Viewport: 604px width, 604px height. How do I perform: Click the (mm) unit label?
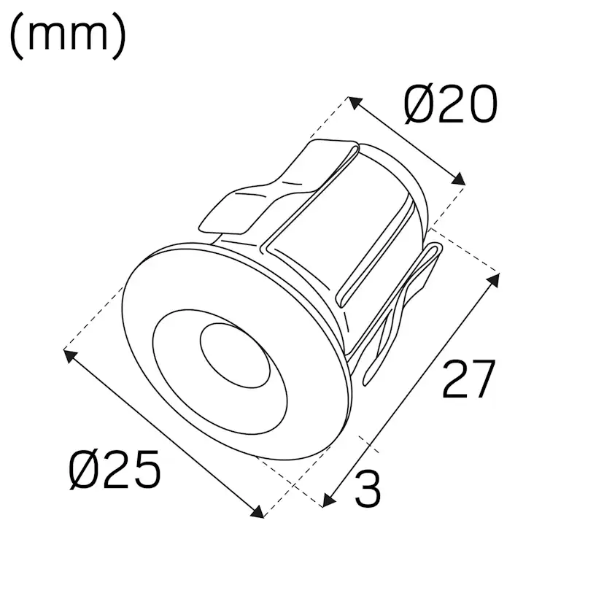pos(68,37)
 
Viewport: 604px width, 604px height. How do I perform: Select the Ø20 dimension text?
pos(451,106)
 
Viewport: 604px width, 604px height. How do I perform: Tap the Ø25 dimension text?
pos(115,471)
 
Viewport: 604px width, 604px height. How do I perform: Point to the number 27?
pos(468,379)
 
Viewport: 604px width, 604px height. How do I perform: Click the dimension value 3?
pos(368,489)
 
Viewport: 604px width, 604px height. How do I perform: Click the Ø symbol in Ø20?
pos(419,106)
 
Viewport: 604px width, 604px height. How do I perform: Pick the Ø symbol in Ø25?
pos(83,471)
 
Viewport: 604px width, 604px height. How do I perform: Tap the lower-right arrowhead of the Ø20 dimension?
pos(459,179)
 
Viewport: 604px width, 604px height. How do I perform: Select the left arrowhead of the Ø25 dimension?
pos(70,355)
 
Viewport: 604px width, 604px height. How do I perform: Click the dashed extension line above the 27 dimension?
pos(467,257)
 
